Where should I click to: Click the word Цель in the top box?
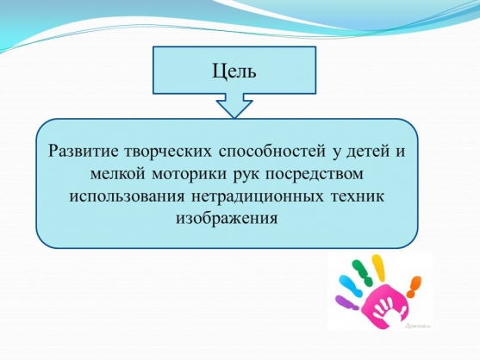(234, 71)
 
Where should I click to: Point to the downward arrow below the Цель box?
(234, 106)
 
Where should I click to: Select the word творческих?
(168, 151)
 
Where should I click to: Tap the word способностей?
(272, 151)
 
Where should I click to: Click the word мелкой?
(117, 174)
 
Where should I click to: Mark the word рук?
(246, 175)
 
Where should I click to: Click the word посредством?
(315, 175)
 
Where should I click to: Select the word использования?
(127, 196)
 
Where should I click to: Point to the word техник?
(357, 196)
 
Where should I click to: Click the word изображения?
(227, 219)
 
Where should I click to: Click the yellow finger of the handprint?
(377, 268)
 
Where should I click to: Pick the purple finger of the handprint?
(346, 302)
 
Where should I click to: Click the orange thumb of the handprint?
(414, 286)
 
